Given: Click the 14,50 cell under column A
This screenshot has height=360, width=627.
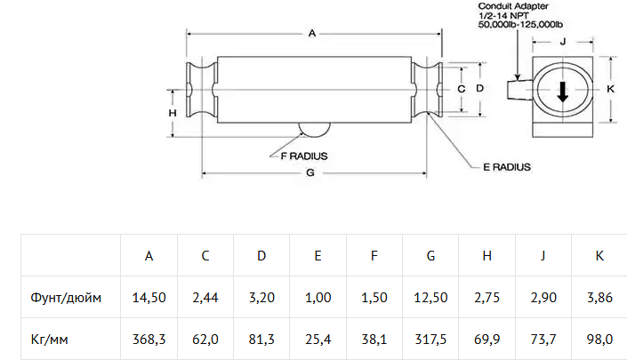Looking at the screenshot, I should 149,298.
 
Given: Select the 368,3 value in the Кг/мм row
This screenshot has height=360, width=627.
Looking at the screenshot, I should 149,339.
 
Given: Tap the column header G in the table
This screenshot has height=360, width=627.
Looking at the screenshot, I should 430,256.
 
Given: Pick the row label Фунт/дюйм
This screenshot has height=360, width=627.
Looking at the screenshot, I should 66,298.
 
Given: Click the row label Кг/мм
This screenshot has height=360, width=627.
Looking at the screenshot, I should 50,339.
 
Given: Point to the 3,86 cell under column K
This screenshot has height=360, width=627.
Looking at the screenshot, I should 599,298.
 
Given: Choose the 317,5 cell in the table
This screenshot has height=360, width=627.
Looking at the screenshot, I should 430,339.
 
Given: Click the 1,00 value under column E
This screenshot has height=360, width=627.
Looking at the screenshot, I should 318,298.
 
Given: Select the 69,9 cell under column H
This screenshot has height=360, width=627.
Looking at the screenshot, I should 486,339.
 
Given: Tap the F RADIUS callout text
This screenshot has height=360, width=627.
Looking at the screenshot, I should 304,156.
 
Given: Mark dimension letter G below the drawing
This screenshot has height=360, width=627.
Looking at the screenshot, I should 310,173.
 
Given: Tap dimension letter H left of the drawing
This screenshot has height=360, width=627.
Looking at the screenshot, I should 173,113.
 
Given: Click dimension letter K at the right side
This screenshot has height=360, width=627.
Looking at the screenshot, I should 610,89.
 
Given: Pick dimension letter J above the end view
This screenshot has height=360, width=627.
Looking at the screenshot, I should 563,42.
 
